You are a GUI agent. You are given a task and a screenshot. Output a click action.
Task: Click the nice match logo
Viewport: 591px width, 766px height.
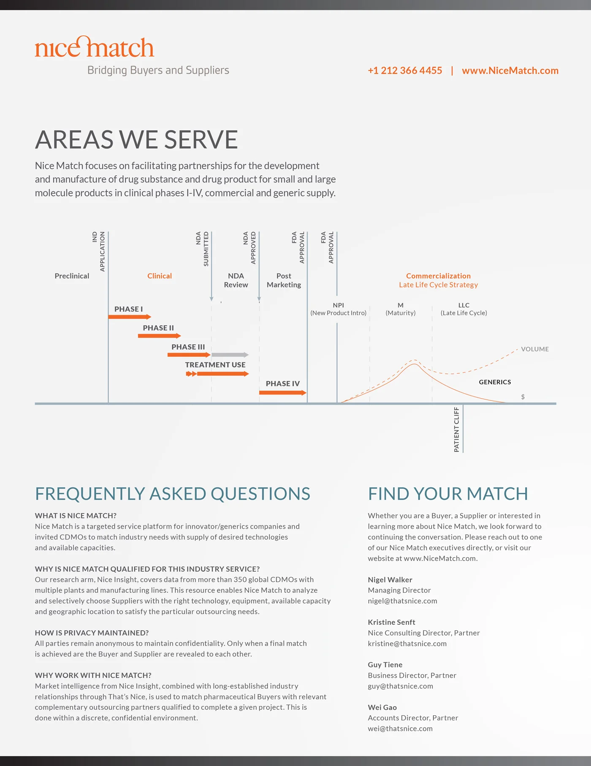tap(95, 47)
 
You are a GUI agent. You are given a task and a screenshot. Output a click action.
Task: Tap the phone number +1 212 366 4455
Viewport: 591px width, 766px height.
tap(405, 71)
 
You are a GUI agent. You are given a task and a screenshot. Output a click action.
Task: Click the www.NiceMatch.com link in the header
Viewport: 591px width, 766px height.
tap(510, 71)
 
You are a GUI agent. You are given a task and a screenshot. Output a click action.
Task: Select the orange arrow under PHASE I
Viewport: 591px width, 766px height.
tap(130, 317)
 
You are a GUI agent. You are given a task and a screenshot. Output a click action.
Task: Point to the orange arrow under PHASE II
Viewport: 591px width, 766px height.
tap(159, 336)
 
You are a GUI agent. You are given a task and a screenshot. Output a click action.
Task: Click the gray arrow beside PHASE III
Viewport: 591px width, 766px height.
tap(230, 355)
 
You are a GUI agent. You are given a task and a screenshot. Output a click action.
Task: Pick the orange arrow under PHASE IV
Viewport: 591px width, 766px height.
tap(282, 393)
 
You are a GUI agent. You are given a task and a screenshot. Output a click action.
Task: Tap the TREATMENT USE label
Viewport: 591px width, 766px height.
tap(215, 365)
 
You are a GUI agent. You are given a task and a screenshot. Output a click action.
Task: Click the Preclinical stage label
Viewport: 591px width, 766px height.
tap(72, 276)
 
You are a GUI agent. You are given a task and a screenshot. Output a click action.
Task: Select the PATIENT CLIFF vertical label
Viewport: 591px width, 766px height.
tap(456, 430)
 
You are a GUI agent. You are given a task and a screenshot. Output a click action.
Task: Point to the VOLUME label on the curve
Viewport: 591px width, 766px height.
tap(534, 349)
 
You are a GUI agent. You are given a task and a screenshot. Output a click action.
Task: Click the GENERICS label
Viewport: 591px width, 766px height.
tap(495, 382)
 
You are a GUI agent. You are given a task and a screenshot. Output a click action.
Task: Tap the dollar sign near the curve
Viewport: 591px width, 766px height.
tap(523, 397)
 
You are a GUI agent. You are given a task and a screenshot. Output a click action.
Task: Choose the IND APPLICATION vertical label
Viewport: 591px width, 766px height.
tap(98, 251)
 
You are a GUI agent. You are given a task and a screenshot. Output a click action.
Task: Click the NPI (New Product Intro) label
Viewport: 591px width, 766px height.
tap(338, 309)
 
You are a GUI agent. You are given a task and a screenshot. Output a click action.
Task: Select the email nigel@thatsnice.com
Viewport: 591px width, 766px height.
tap(402, 601)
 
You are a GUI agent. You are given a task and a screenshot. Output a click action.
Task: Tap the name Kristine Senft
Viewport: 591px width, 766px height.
tap(391, 622)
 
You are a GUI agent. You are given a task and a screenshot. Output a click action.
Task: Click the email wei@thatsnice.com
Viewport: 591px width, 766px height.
tap(400, 729)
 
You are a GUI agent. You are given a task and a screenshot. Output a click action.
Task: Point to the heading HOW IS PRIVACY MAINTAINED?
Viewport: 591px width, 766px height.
tap(92, 633)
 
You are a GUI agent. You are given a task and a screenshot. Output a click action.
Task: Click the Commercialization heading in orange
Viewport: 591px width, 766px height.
tap(438, 276)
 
